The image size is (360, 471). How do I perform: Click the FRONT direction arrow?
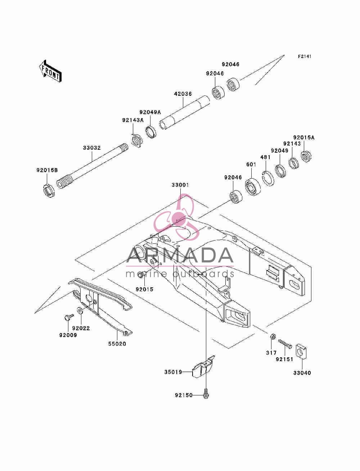[51, 71]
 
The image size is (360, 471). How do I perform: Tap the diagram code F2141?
[305, 57]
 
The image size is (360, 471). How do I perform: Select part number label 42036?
[183, 94]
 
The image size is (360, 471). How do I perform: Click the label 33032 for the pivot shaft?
[92, 148]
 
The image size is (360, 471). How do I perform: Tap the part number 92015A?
[304, 138]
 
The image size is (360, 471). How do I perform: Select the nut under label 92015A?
[306, 157]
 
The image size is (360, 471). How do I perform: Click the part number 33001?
[180, 185]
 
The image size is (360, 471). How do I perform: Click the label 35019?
[173, 372]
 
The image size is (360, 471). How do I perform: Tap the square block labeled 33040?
[301, 351]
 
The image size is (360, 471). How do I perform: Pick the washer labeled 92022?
[80, 310]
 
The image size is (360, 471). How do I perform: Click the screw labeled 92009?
[69, 317]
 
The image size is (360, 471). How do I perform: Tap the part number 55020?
[117, 344]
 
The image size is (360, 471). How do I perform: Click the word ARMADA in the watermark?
[180, 255]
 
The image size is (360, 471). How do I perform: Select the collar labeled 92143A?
[137, 140]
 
